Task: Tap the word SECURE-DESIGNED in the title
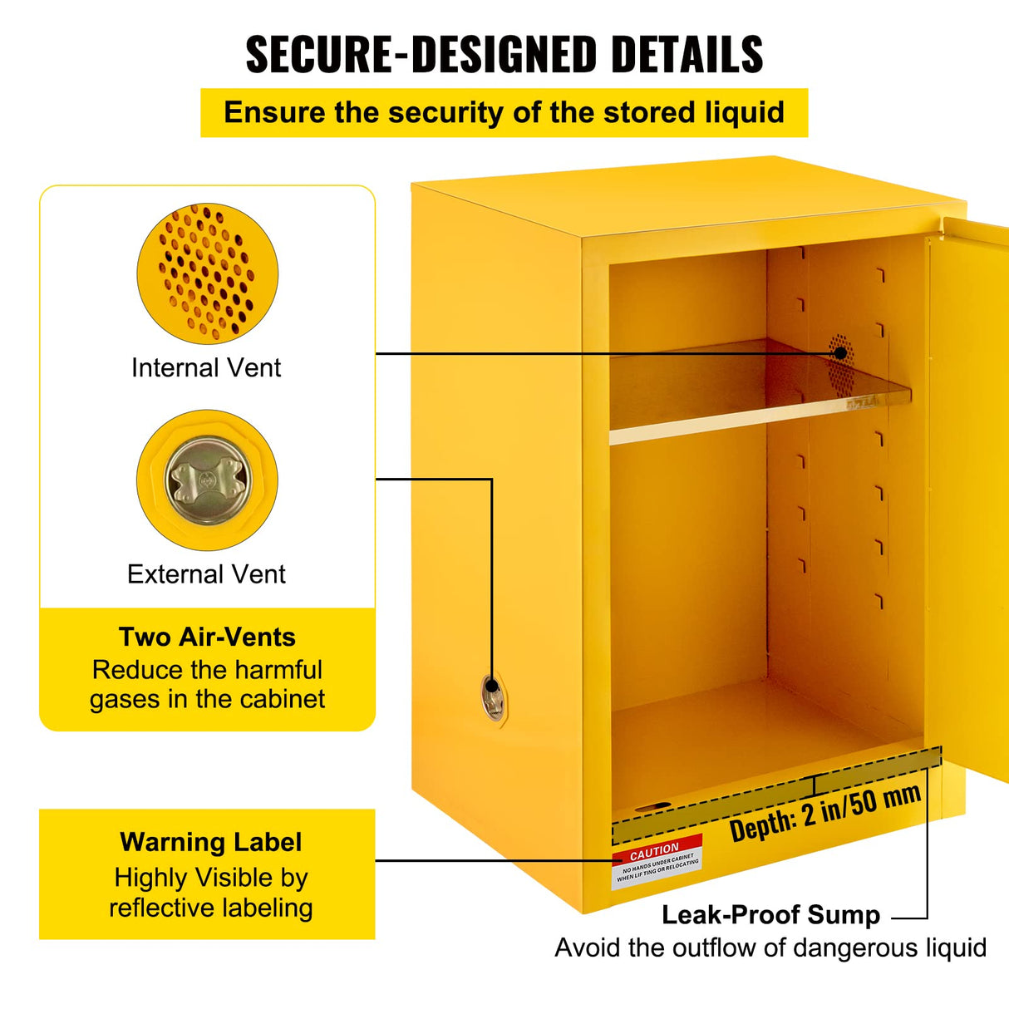pyautogui.click(x=421, y=55)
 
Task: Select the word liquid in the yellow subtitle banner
pyautogui.click(x=745, y=112)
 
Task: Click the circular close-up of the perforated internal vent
pyautogui.click(x=207, y=273)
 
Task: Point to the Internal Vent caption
pyautogui.click(x=206, y=367)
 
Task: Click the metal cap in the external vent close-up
pyautogui.click(x=208, y=480)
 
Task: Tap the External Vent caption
pyautogui.click(x=206, y=573)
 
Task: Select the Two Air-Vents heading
pyautogui.click(x=207, y=637)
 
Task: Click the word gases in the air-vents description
pyautogui.click(x=125, y=699)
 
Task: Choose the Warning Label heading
pyautogui.click(x=210, y=842)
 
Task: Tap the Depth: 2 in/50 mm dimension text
pyautogui.click(x=825, y=814)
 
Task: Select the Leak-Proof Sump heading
pyautogui.click(x=770, y=915)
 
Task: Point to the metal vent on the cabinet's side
pyautogui.click(x=492, y=697)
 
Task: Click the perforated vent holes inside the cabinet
pyautogui.click(x=840, y=352)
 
